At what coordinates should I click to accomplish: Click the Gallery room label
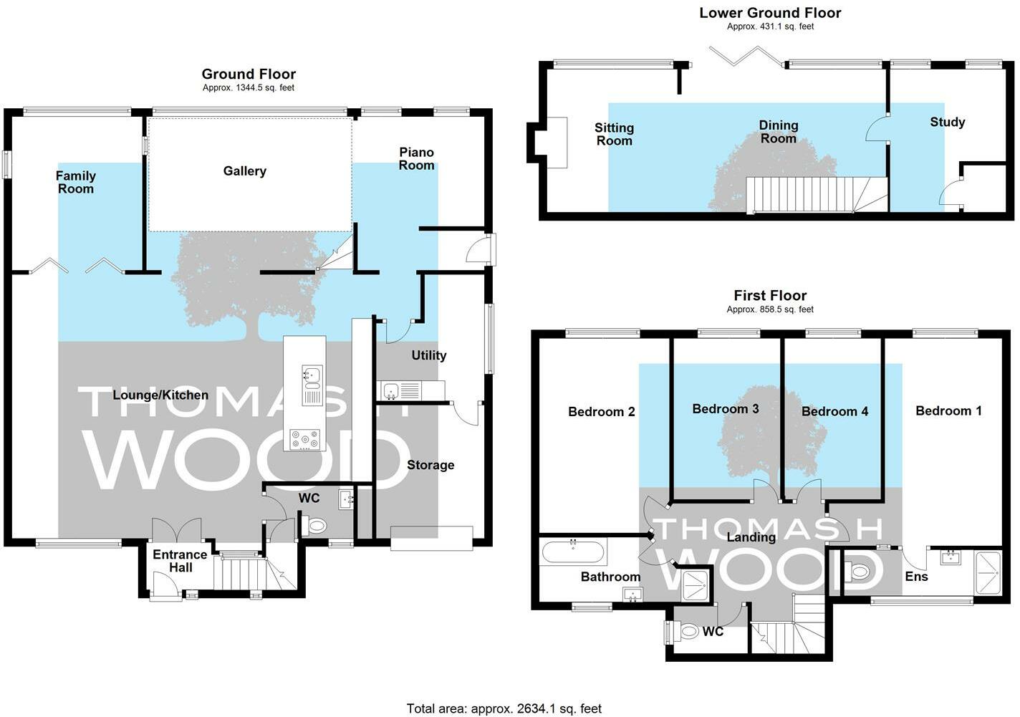pos(244,171)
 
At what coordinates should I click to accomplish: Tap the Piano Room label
pos(416,159)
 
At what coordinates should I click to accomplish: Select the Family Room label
pos(76,182)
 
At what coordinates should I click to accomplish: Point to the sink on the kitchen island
pos(312,385)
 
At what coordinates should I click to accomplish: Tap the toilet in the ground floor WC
pos(314,526)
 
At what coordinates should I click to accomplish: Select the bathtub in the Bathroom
pos(573,552)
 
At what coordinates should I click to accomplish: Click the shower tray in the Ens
pos(988,572)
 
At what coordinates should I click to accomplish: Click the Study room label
pos(947,122)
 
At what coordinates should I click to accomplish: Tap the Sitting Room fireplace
pos(557,143)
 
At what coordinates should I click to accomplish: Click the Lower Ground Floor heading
pos(770,13)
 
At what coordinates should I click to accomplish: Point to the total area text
pos(504,708)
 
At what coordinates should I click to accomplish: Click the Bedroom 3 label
pos(726,409)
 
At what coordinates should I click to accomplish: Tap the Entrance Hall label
pos(180,561)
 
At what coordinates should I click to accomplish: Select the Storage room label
pos(430,465)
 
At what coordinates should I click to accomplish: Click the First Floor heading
pos(770,295)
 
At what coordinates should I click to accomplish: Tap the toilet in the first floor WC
pos(688,632)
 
